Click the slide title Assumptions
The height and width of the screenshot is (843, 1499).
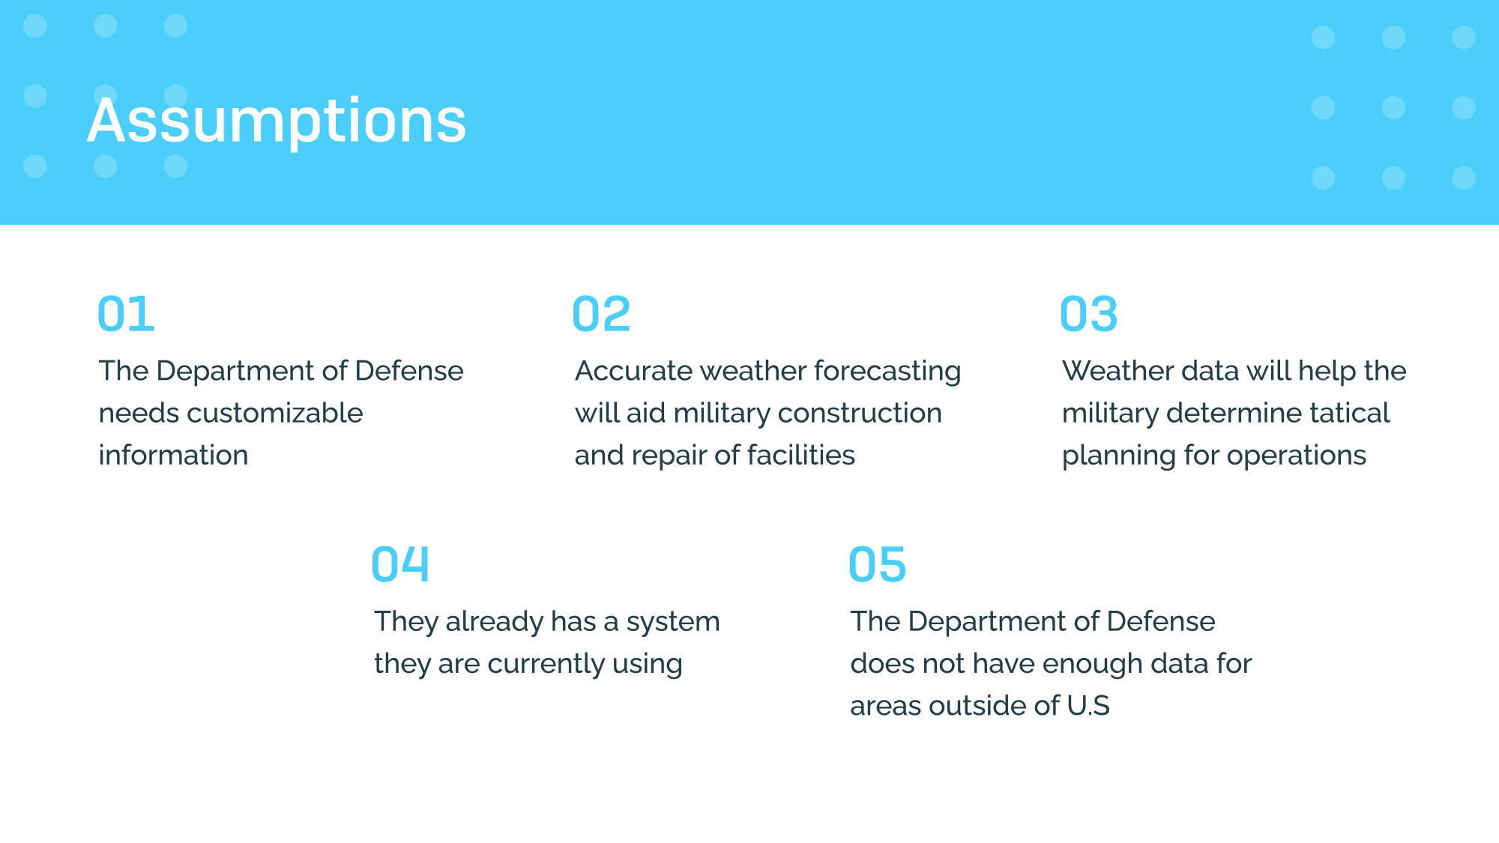click(277, 121)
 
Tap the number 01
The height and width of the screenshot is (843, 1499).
click(126, 314)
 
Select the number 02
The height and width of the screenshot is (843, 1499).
click(601, 314)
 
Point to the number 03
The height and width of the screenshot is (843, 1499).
click(1088, 314)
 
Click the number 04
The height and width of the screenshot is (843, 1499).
click(400, 564)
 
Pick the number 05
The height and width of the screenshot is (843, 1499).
click(877, 564)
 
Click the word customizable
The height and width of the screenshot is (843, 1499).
click(274, 413)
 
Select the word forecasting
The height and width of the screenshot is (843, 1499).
click(887, 372)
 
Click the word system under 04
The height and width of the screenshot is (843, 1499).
click(673, 622)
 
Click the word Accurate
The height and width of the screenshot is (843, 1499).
click(633, 371)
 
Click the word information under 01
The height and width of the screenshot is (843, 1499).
click(173, 455)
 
